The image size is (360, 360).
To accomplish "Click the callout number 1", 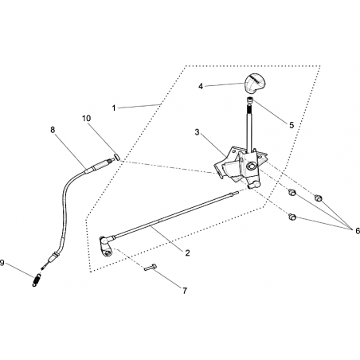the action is click(114, 108).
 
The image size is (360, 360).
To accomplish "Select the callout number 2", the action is click(187, 253).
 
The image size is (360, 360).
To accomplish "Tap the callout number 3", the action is click(197, 132).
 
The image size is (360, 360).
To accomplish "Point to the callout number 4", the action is click(201, 86).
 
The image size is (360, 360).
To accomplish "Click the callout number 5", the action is click(292, 125).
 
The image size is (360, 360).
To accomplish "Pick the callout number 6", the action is click(358, 230).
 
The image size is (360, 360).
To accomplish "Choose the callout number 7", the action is click(185, 291).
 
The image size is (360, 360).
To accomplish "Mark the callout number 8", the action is click(53, 130).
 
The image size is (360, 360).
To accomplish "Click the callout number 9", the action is click(2, 263).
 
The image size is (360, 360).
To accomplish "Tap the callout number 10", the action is click(87, 119).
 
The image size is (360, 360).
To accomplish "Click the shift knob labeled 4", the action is click(252, 83).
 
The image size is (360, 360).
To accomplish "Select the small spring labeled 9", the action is click(37, 280).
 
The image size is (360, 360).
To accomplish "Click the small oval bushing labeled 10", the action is click(117, 157).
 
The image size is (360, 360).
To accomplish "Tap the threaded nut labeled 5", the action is click(250, 100).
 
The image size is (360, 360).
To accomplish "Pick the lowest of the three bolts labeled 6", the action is click(292, 217).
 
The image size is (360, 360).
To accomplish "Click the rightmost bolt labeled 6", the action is click(318, 198).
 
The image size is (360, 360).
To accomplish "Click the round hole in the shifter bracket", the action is click(251, 167).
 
